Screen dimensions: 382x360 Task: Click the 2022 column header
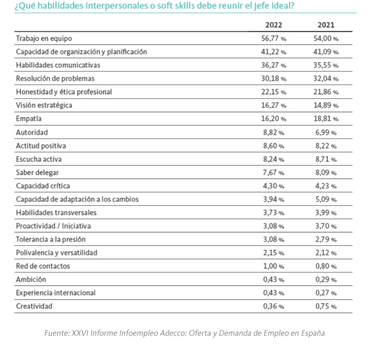click(x=273, y=25)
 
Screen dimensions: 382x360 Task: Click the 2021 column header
click(x=326, y=25)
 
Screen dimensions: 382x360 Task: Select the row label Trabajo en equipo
click(x=44, y=39)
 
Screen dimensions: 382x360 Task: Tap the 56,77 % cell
click(x=273, y=39)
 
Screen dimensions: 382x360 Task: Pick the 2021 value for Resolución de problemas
click(x=326, y=79)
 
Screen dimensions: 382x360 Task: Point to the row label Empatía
click(x=29, y=118)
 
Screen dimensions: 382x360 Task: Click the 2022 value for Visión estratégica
click(x=273, y=105)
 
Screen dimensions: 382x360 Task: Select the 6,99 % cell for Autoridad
click(x=326, y=133)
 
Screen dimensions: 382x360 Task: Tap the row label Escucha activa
click(x=39, y=159)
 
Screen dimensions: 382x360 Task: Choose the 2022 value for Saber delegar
click(x=273, y=172)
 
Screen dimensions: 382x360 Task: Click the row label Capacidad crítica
click(x=43, y=186)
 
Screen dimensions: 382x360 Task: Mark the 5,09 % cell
click(x=326, y=199)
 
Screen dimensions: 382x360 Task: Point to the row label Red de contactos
click(x=43, y=266)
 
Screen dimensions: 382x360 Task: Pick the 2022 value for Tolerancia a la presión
click(x=273, y=239)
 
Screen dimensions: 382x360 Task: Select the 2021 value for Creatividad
click(x=326, y=306)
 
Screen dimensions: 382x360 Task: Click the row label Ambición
click(x=31, y=279)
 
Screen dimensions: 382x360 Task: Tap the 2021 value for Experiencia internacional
click(x=326, y=293)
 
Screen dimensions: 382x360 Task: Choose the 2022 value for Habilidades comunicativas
click(x=273, y=65)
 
